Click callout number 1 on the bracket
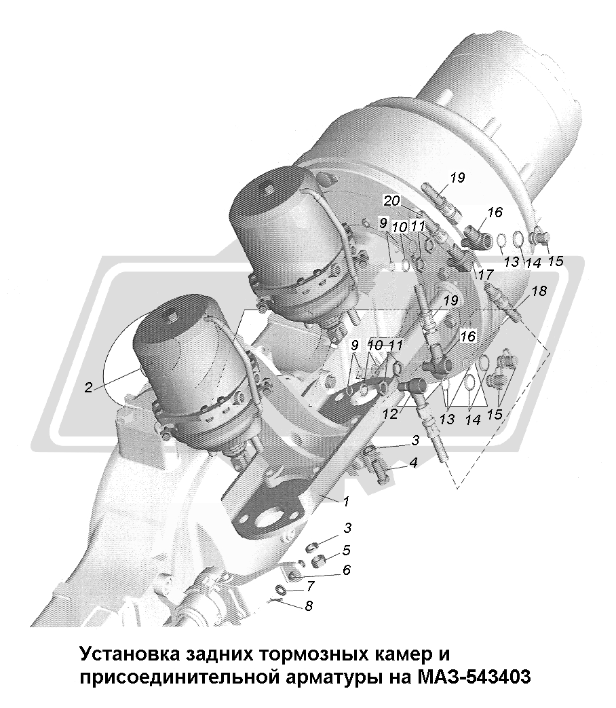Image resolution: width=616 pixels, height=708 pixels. [346, 501]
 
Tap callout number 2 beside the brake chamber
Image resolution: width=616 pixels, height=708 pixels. [88, 387]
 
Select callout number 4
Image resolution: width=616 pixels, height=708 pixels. [413, 462]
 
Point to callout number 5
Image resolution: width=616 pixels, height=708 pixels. [347, 551]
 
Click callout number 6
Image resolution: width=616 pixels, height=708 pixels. [347, 570]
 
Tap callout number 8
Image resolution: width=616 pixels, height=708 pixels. [309, 605]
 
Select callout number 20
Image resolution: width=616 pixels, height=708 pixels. [391, 200]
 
